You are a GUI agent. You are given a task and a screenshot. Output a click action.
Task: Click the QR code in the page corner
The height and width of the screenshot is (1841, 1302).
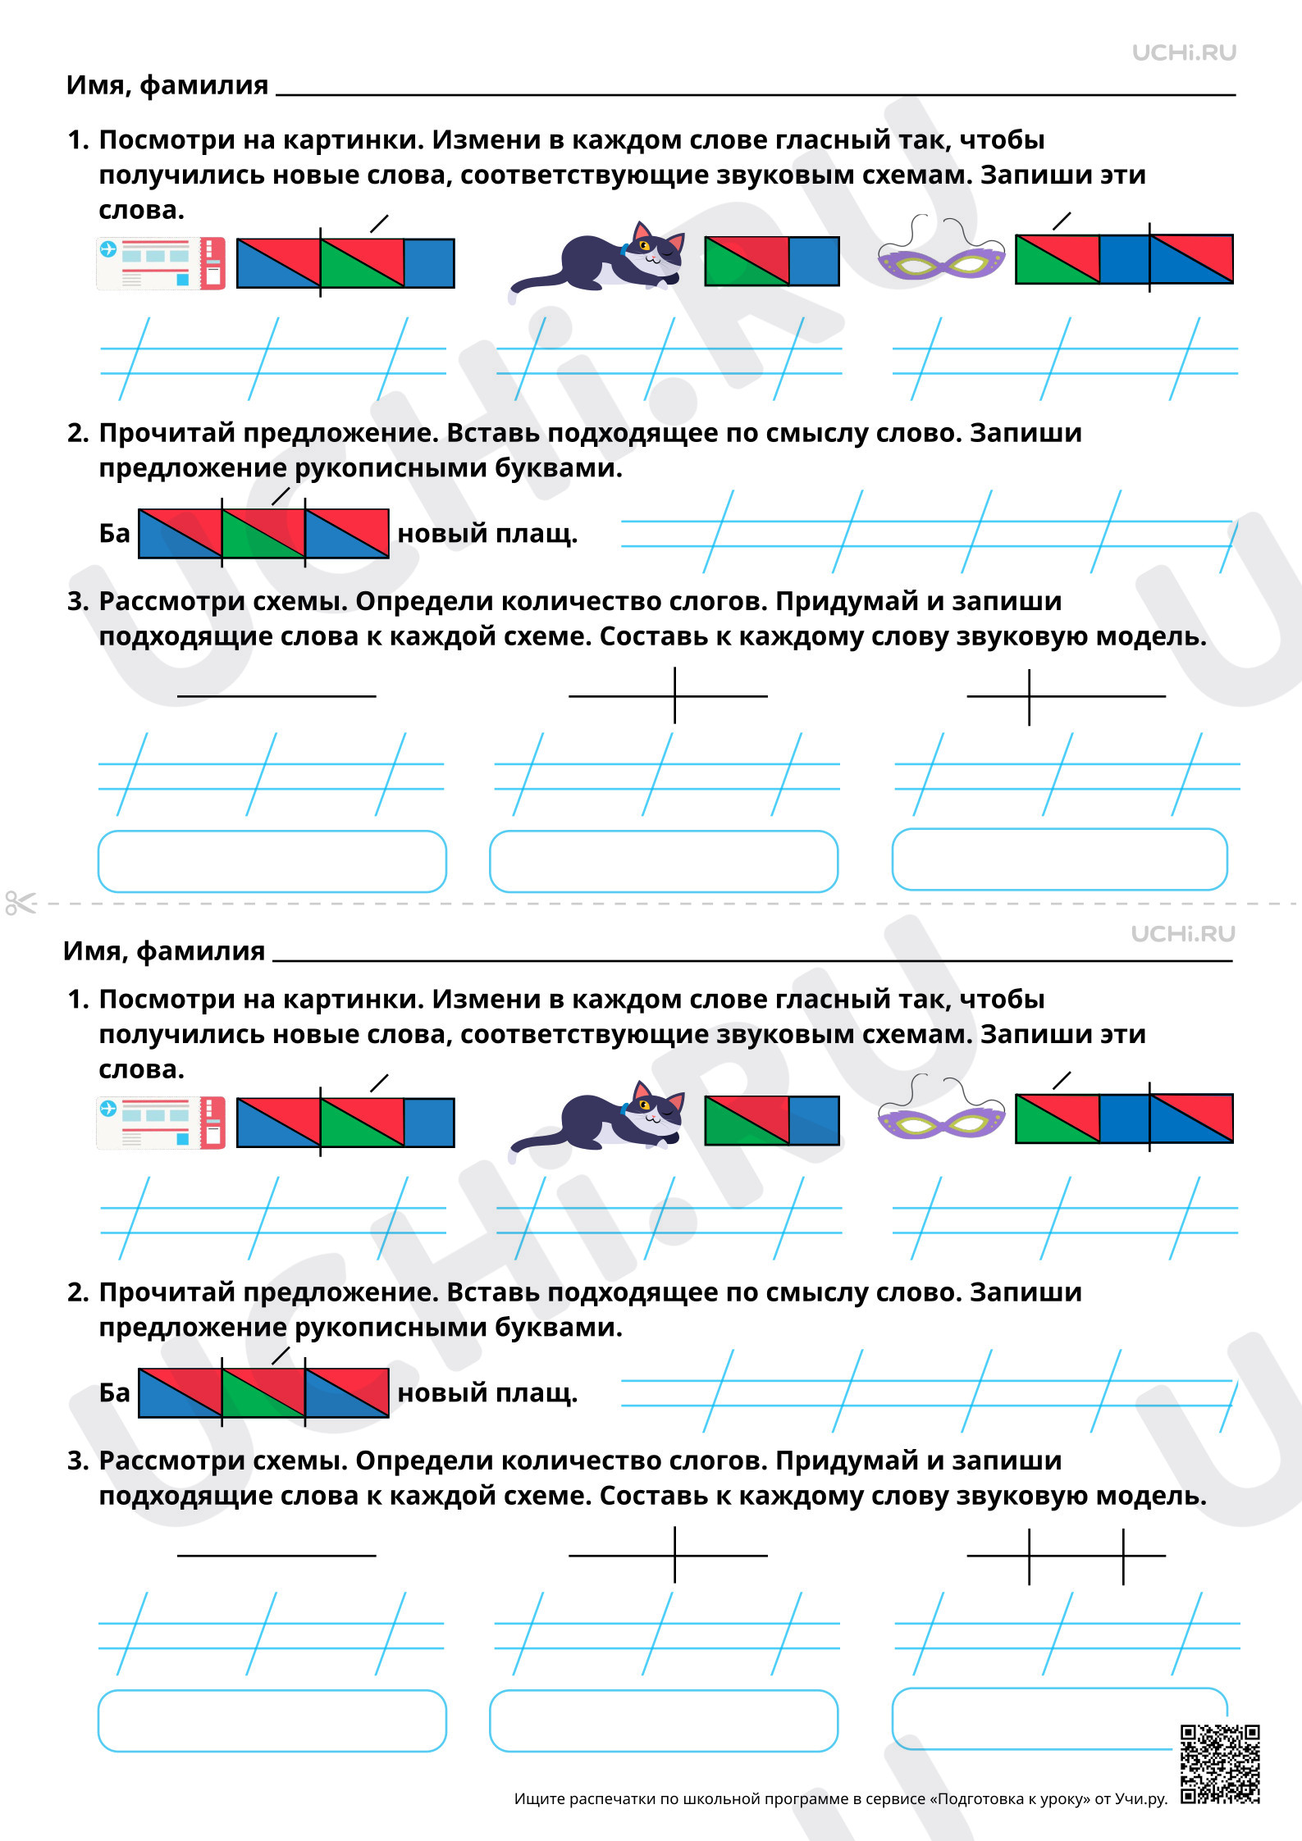[x=1220, y=1764]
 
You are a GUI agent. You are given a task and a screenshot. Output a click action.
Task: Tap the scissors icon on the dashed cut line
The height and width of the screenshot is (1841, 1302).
[x=21, y=903]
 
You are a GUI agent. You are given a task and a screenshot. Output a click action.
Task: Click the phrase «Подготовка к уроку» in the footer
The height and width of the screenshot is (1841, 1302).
[x=1013, y=1798]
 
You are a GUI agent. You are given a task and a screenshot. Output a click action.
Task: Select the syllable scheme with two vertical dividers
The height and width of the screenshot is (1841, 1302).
[x=1066, y=1556]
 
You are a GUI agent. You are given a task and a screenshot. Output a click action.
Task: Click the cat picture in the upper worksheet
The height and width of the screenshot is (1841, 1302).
[x=597, y=261]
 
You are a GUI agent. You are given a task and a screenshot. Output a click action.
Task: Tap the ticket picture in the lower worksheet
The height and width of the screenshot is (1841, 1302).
[x=161, y=1123]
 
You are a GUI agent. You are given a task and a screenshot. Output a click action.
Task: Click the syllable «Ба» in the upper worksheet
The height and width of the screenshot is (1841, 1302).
[x=114, y=534]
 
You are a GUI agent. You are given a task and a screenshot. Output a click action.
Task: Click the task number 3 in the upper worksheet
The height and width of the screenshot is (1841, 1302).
[x=77, y=601]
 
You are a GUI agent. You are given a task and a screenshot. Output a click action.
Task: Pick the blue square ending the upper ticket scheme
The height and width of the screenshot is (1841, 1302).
[x=429, y=263]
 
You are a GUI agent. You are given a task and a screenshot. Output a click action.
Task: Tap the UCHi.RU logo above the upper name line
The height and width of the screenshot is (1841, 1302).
[x=1184, y=52]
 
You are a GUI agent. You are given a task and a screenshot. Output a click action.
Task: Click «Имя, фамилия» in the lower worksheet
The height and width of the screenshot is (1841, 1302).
[x=164, y=951]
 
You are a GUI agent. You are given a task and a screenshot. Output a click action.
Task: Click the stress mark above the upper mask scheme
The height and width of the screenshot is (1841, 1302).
[x=1062, y=221]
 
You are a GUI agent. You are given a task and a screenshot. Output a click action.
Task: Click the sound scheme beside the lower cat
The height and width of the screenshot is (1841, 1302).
[x=772, y=1120]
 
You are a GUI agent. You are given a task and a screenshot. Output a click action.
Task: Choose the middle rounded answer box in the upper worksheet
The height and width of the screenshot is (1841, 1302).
[x=664, y=861]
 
